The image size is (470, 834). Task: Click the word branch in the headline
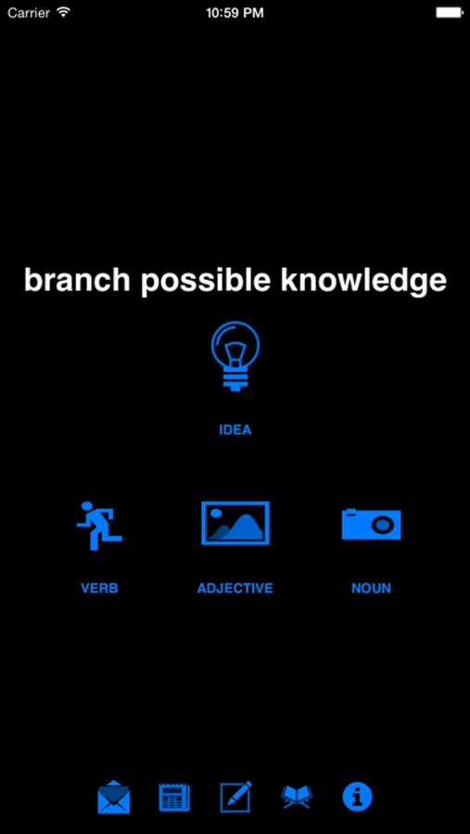tap(77, 280)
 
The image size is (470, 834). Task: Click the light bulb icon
tap(235, 356)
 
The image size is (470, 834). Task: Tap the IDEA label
tap(235, 430)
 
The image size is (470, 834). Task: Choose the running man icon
tap(99, 525)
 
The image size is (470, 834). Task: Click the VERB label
tap(99, 588)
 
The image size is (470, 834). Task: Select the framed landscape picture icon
tap(235, 523)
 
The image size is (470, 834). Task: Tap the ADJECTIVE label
tap(235, 588)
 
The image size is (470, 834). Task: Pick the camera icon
tap(371, 524)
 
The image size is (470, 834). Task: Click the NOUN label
tap(371, 588)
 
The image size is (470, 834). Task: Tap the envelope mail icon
tap(114, 797)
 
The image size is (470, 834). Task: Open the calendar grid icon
tap(174, 797)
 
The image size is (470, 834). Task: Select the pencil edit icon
tap(235, 797)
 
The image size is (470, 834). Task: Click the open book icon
tap(297, 797)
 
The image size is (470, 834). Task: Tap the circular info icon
tap(357, 797)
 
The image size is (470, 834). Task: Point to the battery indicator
tap(450, 13)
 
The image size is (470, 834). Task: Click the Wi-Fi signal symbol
tap(64, 12)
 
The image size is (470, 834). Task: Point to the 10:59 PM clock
tap(235, 13)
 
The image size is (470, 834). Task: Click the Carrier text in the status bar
tap(29, 13)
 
